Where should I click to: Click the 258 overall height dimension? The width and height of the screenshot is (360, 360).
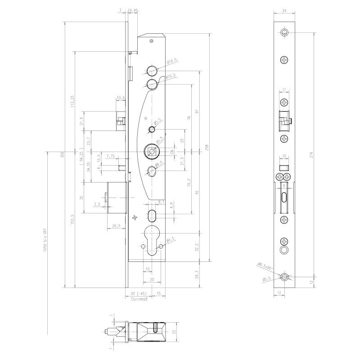point(207,147)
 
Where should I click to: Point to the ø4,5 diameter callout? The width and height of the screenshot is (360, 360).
point(171,240)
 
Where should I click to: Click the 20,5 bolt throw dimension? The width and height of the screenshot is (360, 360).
point(116,226)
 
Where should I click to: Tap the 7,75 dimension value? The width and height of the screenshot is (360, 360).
point(111,156)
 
